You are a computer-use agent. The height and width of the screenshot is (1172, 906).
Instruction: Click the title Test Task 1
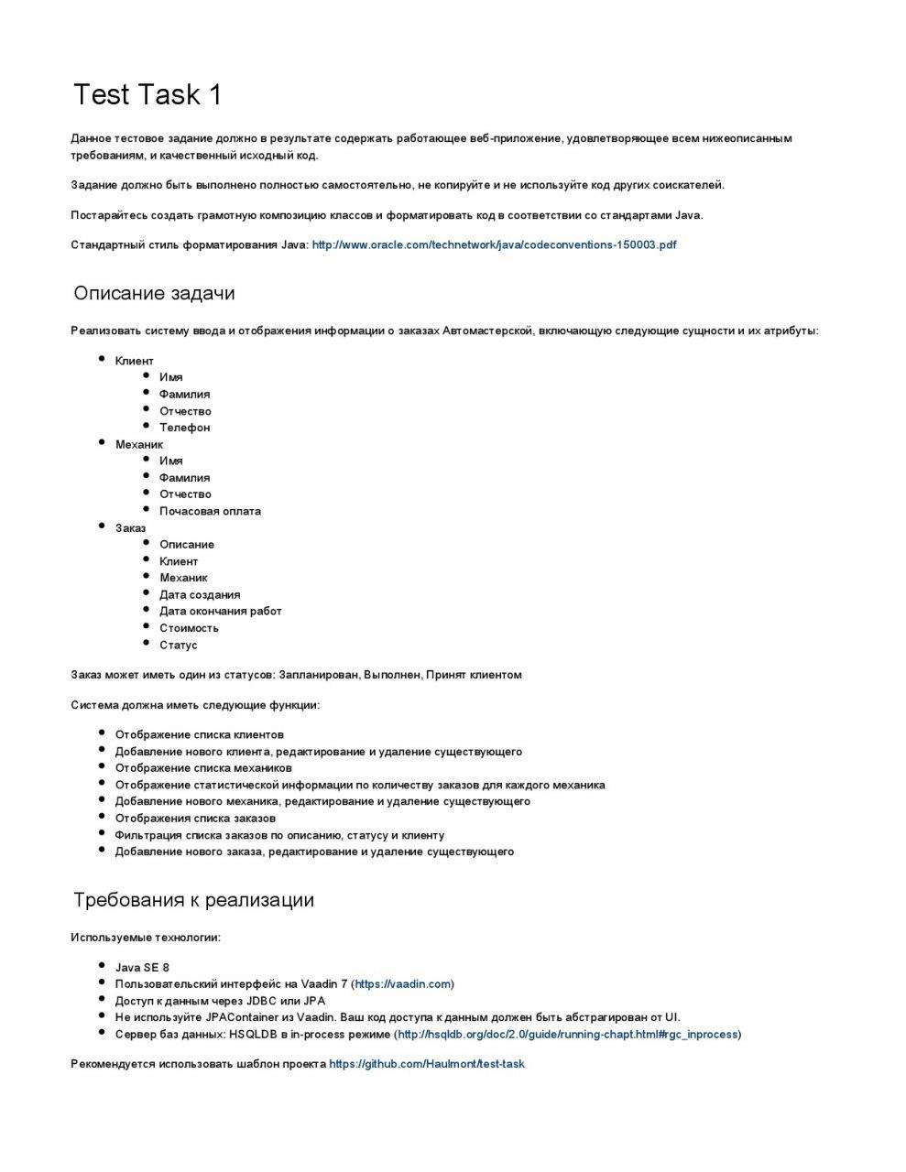tap(147, 94)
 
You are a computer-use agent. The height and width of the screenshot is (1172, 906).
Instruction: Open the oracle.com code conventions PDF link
tap(494, 245)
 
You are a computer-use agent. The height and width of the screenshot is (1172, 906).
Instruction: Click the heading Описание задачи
tap(154, 294)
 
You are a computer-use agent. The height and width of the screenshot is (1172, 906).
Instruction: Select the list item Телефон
tap(184, 428)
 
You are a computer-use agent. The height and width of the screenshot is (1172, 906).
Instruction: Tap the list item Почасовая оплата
tap(210, 512)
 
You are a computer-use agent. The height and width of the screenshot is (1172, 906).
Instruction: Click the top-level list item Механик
tap(138, 445)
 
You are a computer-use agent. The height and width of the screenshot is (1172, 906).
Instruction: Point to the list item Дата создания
tap(200, 595)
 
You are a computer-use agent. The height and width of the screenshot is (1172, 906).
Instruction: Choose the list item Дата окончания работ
tap(220, 612)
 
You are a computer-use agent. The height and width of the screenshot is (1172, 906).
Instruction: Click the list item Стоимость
tap(189, 628)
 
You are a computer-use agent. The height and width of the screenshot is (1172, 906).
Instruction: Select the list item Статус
tap(178, 646)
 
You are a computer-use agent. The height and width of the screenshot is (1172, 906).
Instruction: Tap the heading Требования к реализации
tap(193, 900)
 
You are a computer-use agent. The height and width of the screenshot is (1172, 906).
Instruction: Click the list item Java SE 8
tap(142, 968)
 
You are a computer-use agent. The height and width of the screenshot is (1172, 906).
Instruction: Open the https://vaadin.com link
tap(402, 984)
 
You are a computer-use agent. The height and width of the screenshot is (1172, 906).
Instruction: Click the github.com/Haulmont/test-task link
tap(427, 1065)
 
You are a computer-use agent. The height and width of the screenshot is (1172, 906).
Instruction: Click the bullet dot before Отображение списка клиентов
tap(101, 734)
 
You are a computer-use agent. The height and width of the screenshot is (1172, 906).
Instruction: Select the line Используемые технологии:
tap(146, 938)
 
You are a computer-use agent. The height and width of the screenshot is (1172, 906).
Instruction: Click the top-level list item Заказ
tap(130, 528)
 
